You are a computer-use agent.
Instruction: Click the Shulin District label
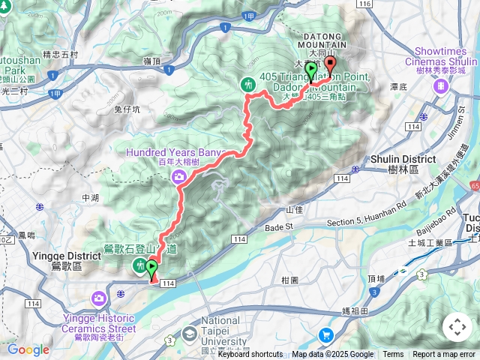click(x=403, y=160)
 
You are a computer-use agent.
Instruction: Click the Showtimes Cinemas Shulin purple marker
click(x=442, y=86)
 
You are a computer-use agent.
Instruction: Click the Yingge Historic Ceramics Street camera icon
click(x=99, y=300)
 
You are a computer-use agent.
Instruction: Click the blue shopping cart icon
click(x=325, y=335)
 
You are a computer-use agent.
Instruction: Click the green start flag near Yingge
click(x=153, y=267)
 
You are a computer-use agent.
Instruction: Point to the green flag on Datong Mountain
click(x=311, y=72)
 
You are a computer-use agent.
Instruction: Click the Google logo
click(x=28, y=349)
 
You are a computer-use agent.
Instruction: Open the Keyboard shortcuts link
click(x=250, y=355)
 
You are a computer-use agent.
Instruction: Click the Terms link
click(x=393, y=355)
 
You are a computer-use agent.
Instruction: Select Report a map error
click(x=445, y=355)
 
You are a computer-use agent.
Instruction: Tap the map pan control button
click(x=457, y=327)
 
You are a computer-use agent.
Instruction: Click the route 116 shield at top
click(x=364, y=4)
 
